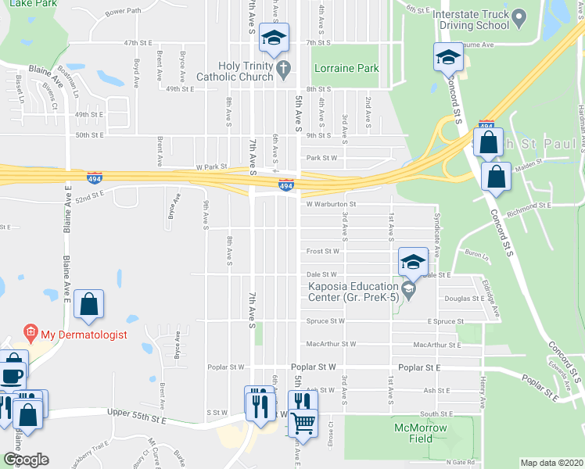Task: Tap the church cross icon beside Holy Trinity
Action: pos(283,70)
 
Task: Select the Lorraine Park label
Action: pos(346,69)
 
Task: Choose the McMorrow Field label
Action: pos(421,433)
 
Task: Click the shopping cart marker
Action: pos(302,424)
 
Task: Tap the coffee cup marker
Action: pos(13,375)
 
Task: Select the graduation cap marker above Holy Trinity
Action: pos(275,38)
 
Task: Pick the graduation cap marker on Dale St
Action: pos(412,262)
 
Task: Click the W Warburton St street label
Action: pos(331,204)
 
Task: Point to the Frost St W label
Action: pos(323,252)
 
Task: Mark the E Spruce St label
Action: pos(446,321)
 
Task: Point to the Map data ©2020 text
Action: pos(552,463)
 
